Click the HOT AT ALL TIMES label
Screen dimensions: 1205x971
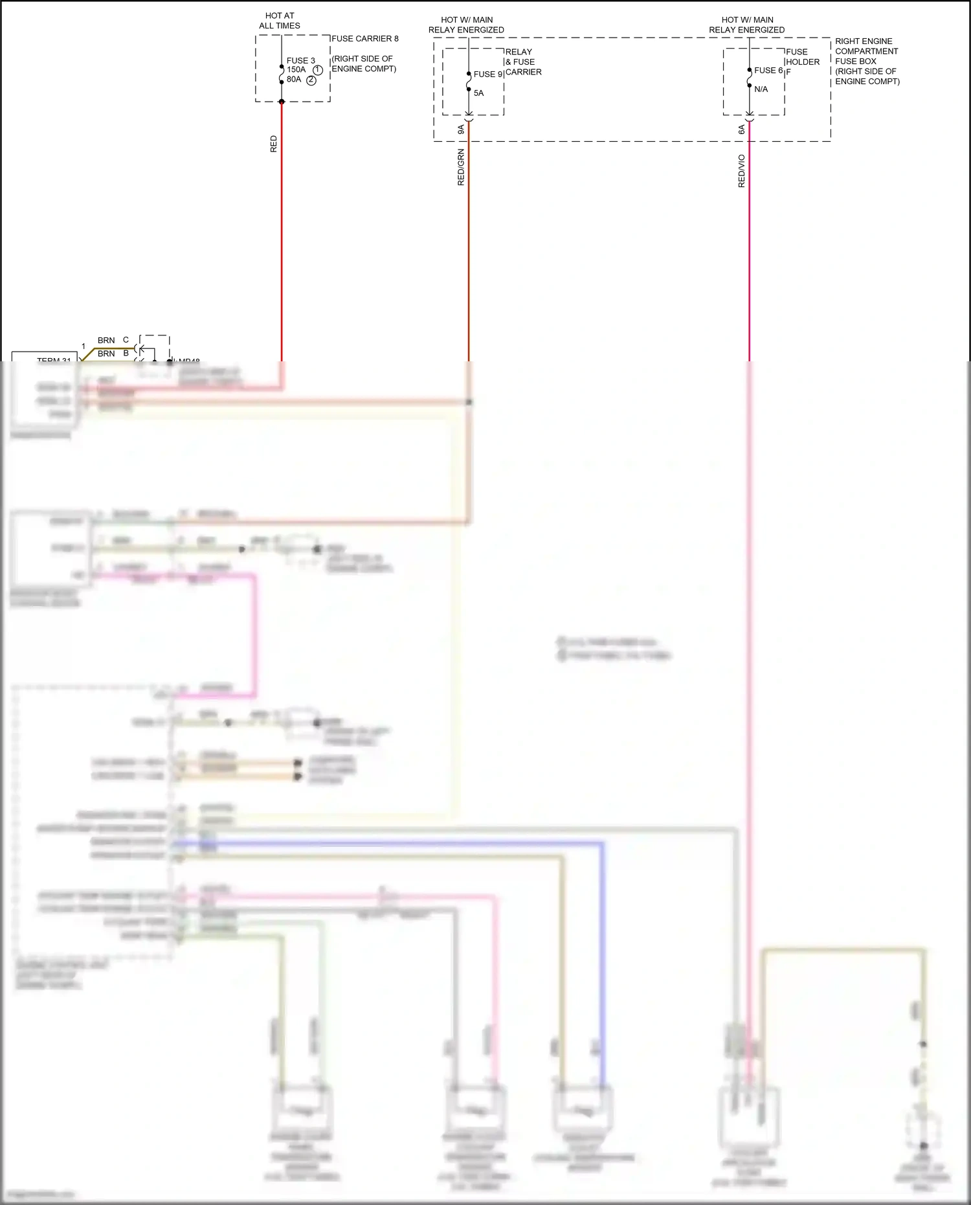point(280,21)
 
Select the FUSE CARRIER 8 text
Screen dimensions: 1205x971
point(365,39)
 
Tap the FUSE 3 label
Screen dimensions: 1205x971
point(301,61)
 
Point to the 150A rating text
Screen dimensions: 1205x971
point(296,70)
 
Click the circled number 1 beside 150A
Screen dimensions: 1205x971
point(317,70)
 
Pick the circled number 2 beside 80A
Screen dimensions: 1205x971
point(311,80)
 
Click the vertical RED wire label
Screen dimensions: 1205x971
point(273,144)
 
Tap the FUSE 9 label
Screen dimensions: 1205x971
point(488,74)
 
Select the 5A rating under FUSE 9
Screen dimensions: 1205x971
point(479,93)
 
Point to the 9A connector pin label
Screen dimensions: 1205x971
point(461,130)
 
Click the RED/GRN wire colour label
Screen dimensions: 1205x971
point(461,167)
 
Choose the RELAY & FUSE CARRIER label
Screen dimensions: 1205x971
point(523,62)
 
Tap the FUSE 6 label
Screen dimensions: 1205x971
point(768,71)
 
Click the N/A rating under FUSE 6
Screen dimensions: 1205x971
point(761,89)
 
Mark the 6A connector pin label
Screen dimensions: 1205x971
point(742,130)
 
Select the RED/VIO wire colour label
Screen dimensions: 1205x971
point(742,171)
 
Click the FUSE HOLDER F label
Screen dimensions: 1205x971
point(802,62)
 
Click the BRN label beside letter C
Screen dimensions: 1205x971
point(106,341)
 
